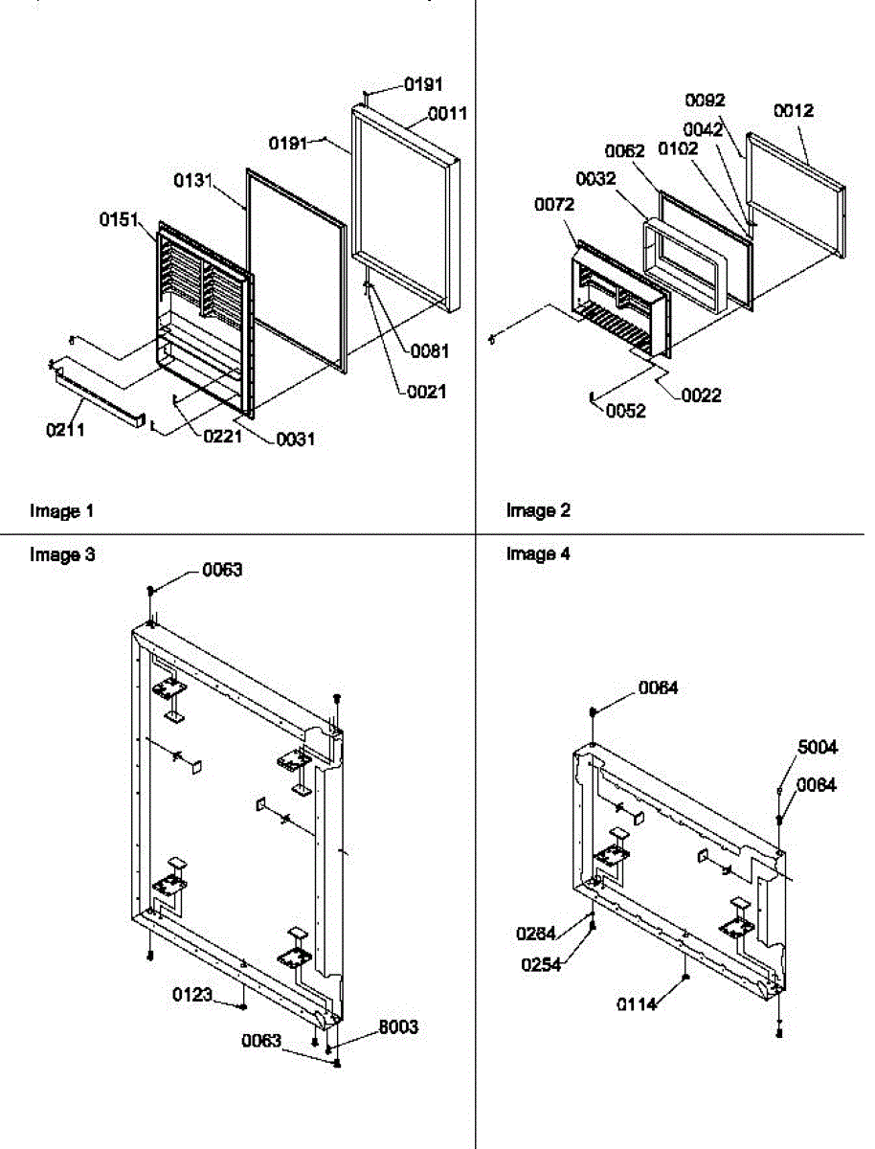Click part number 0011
coord(447,113)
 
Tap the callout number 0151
coord(118,220)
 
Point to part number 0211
coord(65,430)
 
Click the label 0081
coord(430,350)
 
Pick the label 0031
coord(296,439)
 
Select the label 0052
coord(626,412)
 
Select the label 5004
coord(819,748)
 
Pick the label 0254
coord(542,964)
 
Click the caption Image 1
coord(62,511)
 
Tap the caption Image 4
coord(539,554)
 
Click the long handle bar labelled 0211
coord(101,393)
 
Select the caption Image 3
coord(62,554)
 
